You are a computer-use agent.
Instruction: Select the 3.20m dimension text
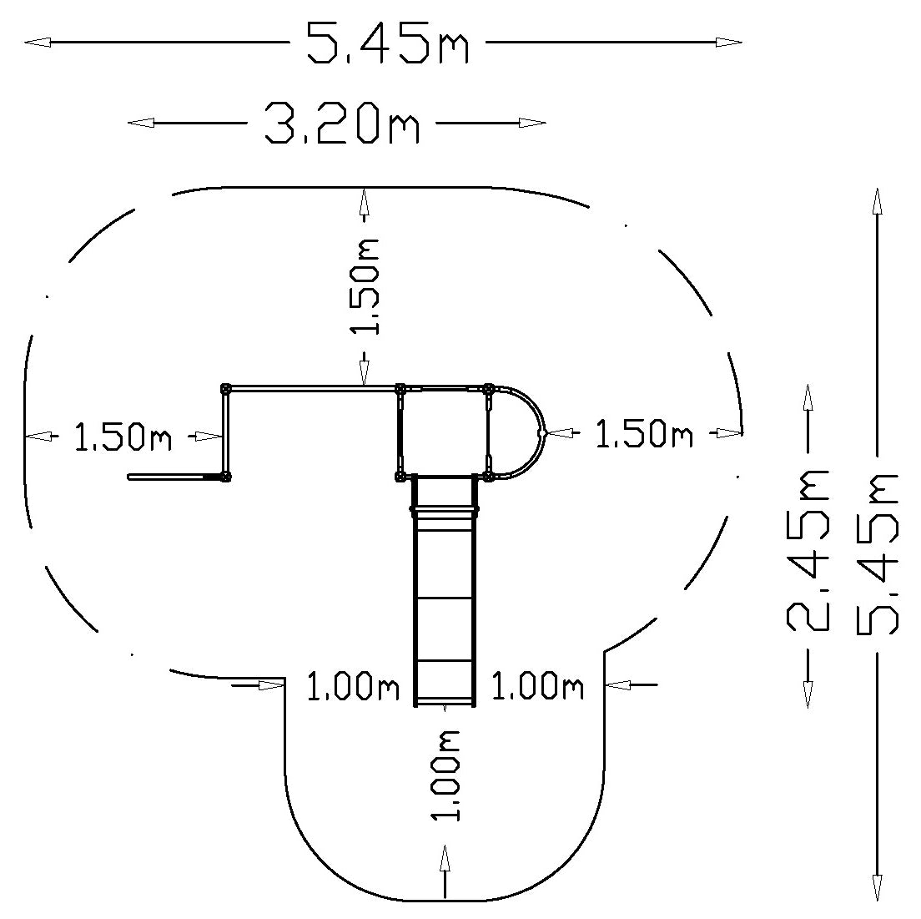342,124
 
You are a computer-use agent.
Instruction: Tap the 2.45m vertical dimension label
808,549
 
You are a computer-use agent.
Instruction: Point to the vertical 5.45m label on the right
878,554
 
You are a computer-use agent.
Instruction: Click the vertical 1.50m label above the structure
365,286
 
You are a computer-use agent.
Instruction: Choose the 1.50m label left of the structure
123,437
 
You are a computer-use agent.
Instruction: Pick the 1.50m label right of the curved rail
643,434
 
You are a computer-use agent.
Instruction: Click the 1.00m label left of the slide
353,687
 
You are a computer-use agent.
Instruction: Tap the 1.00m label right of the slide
536,687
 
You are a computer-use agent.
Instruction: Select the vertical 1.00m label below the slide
447,775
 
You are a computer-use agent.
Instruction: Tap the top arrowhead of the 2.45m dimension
808,396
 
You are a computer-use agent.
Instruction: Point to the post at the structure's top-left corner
225,388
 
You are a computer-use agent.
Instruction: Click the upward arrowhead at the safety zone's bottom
445,859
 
